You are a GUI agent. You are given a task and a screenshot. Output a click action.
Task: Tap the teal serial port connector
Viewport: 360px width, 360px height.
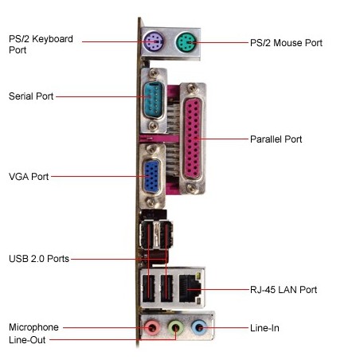click(x=155, y=97)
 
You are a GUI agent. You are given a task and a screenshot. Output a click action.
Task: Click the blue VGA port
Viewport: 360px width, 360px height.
click(x=152, y=177)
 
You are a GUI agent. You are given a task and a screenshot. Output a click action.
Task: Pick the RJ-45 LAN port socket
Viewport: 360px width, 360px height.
click(x=191, y=288)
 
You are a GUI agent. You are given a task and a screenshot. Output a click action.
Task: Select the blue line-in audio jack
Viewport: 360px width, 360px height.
click(x=201, y=327)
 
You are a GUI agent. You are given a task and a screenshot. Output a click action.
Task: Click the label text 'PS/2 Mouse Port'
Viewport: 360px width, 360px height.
click(x=286, y=42)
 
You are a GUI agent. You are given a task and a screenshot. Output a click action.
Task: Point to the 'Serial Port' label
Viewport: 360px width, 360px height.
click(x=31, y=96)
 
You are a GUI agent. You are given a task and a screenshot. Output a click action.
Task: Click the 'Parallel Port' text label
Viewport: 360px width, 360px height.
click(x=276, y=139)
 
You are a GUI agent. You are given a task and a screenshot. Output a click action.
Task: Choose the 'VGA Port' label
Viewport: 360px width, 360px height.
click(x=29, y=176)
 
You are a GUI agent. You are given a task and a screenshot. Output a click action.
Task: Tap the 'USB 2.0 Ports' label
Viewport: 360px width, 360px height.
click(x=39, y=259)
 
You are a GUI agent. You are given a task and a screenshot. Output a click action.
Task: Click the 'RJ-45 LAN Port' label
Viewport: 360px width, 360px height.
click(x=284, y=290)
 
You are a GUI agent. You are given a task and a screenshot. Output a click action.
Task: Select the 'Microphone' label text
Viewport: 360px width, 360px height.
click(x=33, y=327)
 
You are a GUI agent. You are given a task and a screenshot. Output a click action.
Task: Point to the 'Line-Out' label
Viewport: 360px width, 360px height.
click(x=28, y=340)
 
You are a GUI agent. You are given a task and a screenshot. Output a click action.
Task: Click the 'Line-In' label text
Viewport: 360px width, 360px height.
click(x=264, y=327)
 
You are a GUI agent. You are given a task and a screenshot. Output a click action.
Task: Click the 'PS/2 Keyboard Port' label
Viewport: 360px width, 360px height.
click(x=41, y=43)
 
